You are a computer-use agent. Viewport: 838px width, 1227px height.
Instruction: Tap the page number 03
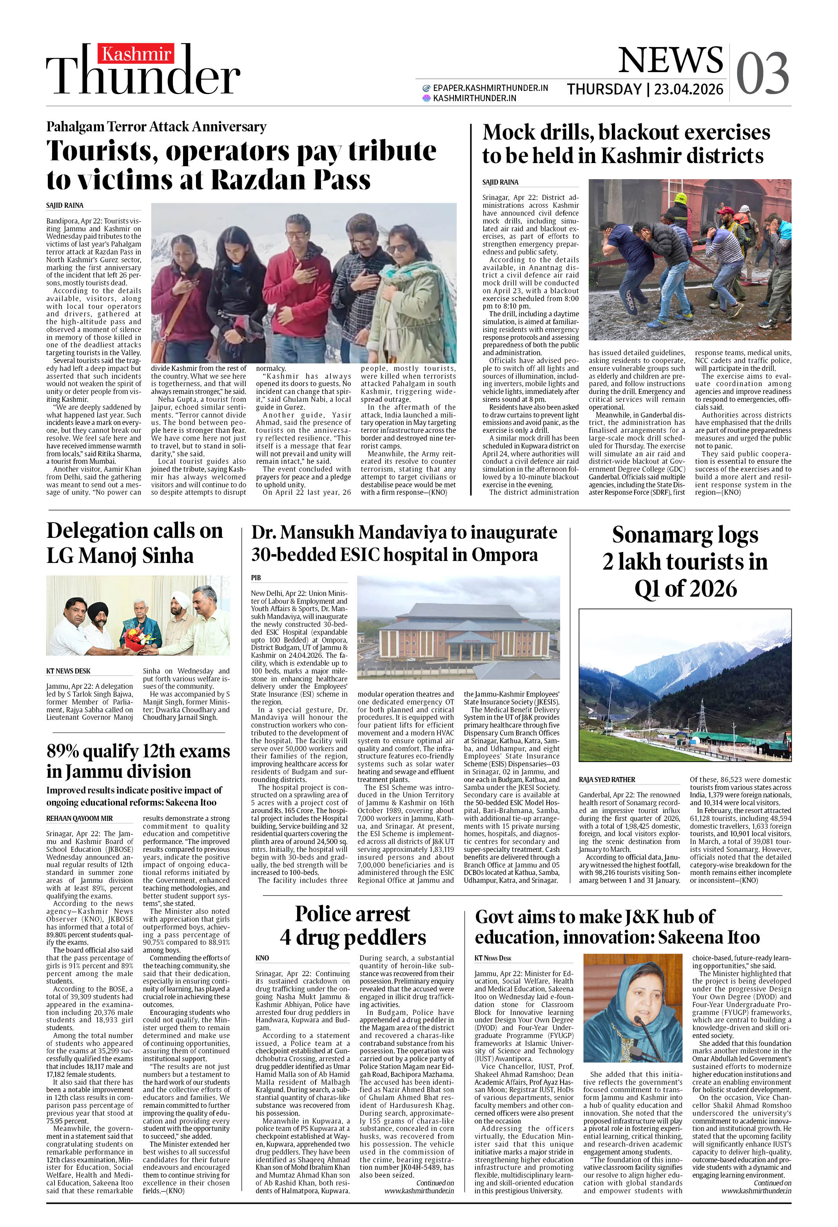pos(762,74)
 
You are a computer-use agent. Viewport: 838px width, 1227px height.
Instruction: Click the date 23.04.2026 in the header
pos(689,89)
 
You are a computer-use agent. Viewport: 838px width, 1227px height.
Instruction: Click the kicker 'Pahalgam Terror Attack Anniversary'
pos(156,127)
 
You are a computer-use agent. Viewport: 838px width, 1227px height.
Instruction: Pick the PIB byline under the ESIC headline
pos(256,577)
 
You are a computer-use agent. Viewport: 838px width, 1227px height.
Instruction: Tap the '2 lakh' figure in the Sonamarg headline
pos(637,562)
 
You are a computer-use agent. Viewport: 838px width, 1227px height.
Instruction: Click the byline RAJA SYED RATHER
pos(607,780)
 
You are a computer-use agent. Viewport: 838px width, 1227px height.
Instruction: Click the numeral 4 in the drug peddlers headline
pos(286,937)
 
